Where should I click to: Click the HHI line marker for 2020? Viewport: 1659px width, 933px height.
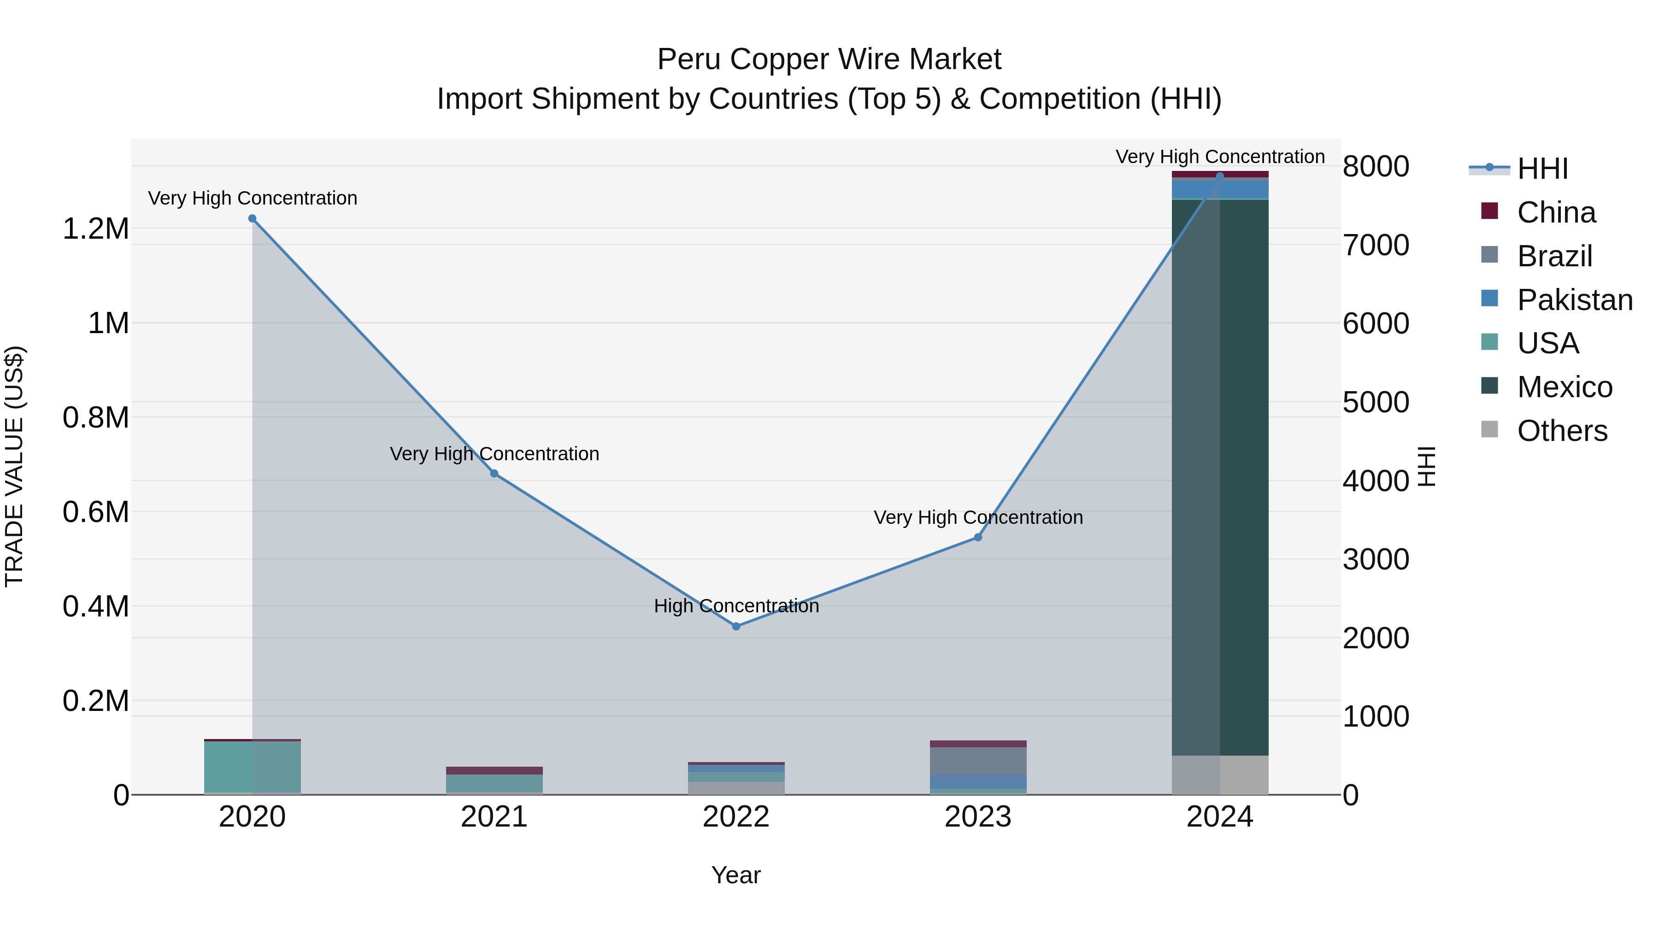click(253, 218)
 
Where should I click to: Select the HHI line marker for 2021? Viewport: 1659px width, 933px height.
click(494, 473)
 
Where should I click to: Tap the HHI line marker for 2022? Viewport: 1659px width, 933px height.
click(736, 626)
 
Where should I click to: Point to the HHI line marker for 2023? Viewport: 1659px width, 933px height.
click(977, 537)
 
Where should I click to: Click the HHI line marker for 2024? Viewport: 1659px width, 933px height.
click(1220, 176)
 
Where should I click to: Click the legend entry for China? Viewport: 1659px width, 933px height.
click(1556, 212)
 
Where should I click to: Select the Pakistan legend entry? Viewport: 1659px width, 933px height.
click(1575, 300)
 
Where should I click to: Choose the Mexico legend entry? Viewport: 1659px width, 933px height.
click(1565, 387)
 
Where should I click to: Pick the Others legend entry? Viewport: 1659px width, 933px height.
click(1562, 431)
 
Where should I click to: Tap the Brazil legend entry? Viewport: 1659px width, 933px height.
click(1554, 256)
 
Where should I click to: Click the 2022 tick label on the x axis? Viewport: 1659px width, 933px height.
click(736, 817)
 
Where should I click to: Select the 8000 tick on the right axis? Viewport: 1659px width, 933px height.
click(1376, 167)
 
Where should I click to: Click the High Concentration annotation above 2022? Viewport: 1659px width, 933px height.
click(736, 606)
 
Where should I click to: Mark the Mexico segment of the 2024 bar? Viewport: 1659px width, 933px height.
click(1220, 476)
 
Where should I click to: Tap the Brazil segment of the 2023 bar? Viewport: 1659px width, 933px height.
click(977, 761)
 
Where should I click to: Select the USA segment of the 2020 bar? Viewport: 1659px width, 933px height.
click(253, 766)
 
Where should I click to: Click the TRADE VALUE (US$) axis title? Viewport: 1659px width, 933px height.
click(14, 466)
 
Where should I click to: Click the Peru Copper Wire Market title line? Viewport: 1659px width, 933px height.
click(829, 59)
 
